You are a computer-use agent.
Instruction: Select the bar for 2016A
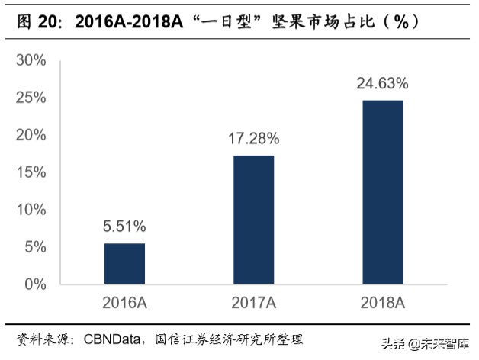pyautogui.click(x=124, y=264)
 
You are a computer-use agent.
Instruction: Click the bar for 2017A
pyautogui.click(x=254, y=220)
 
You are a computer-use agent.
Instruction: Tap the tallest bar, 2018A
pyautogui.click(x=383, y=192)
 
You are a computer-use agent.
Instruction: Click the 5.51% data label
pyautogui.click(x=125, y=227)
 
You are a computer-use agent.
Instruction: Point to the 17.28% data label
pyautogui.click(x=254, y=140)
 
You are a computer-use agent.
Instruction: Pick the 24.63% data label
pyautogui.click(x=383, y=83)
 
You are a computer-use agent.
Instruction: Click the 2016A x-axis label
pyautogui.click(x=125, y=303)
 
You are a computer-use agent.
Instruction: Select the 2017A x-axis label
pyautogui.click(x=254, y=303)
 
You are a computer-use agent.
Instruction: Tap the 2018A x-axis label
pyautogui.click(x=383, y=303)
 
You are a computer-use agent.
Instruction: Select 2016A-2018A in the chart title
pyautogui.click(x=130, y=22)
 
